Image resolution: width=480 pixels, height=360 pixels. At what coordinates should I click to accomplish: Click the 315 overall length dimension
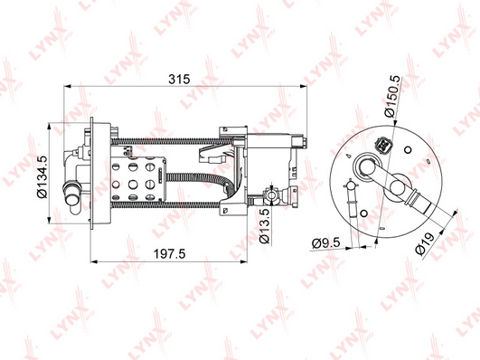[179, 79]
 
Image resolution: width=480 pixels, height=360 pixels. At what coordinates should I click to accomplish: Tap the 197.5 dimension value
[169, 253]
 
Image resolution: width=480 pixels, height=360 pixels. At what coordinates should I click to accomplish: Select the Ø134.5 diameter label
[42, 177]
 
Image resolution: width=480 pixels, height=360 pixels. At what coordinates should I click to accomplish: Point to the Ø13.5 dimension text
[265, 226]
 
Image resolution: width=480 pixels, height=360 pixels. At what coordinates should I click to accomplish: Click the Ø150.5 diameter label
[392, 96]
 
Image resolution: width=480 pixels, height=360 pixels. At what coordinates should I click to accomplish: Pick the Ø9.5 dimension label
[326, 243]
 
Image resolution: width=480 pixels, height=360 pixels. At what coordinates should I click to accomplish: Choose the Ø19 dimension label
[425, 243]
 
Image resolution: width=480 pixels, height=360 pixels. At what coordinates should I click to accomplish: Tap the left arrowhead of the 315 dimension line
[66, 87]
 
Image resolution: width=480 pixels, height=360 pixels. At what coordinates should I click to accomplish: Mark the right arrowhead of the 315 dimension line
[304, 87]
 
